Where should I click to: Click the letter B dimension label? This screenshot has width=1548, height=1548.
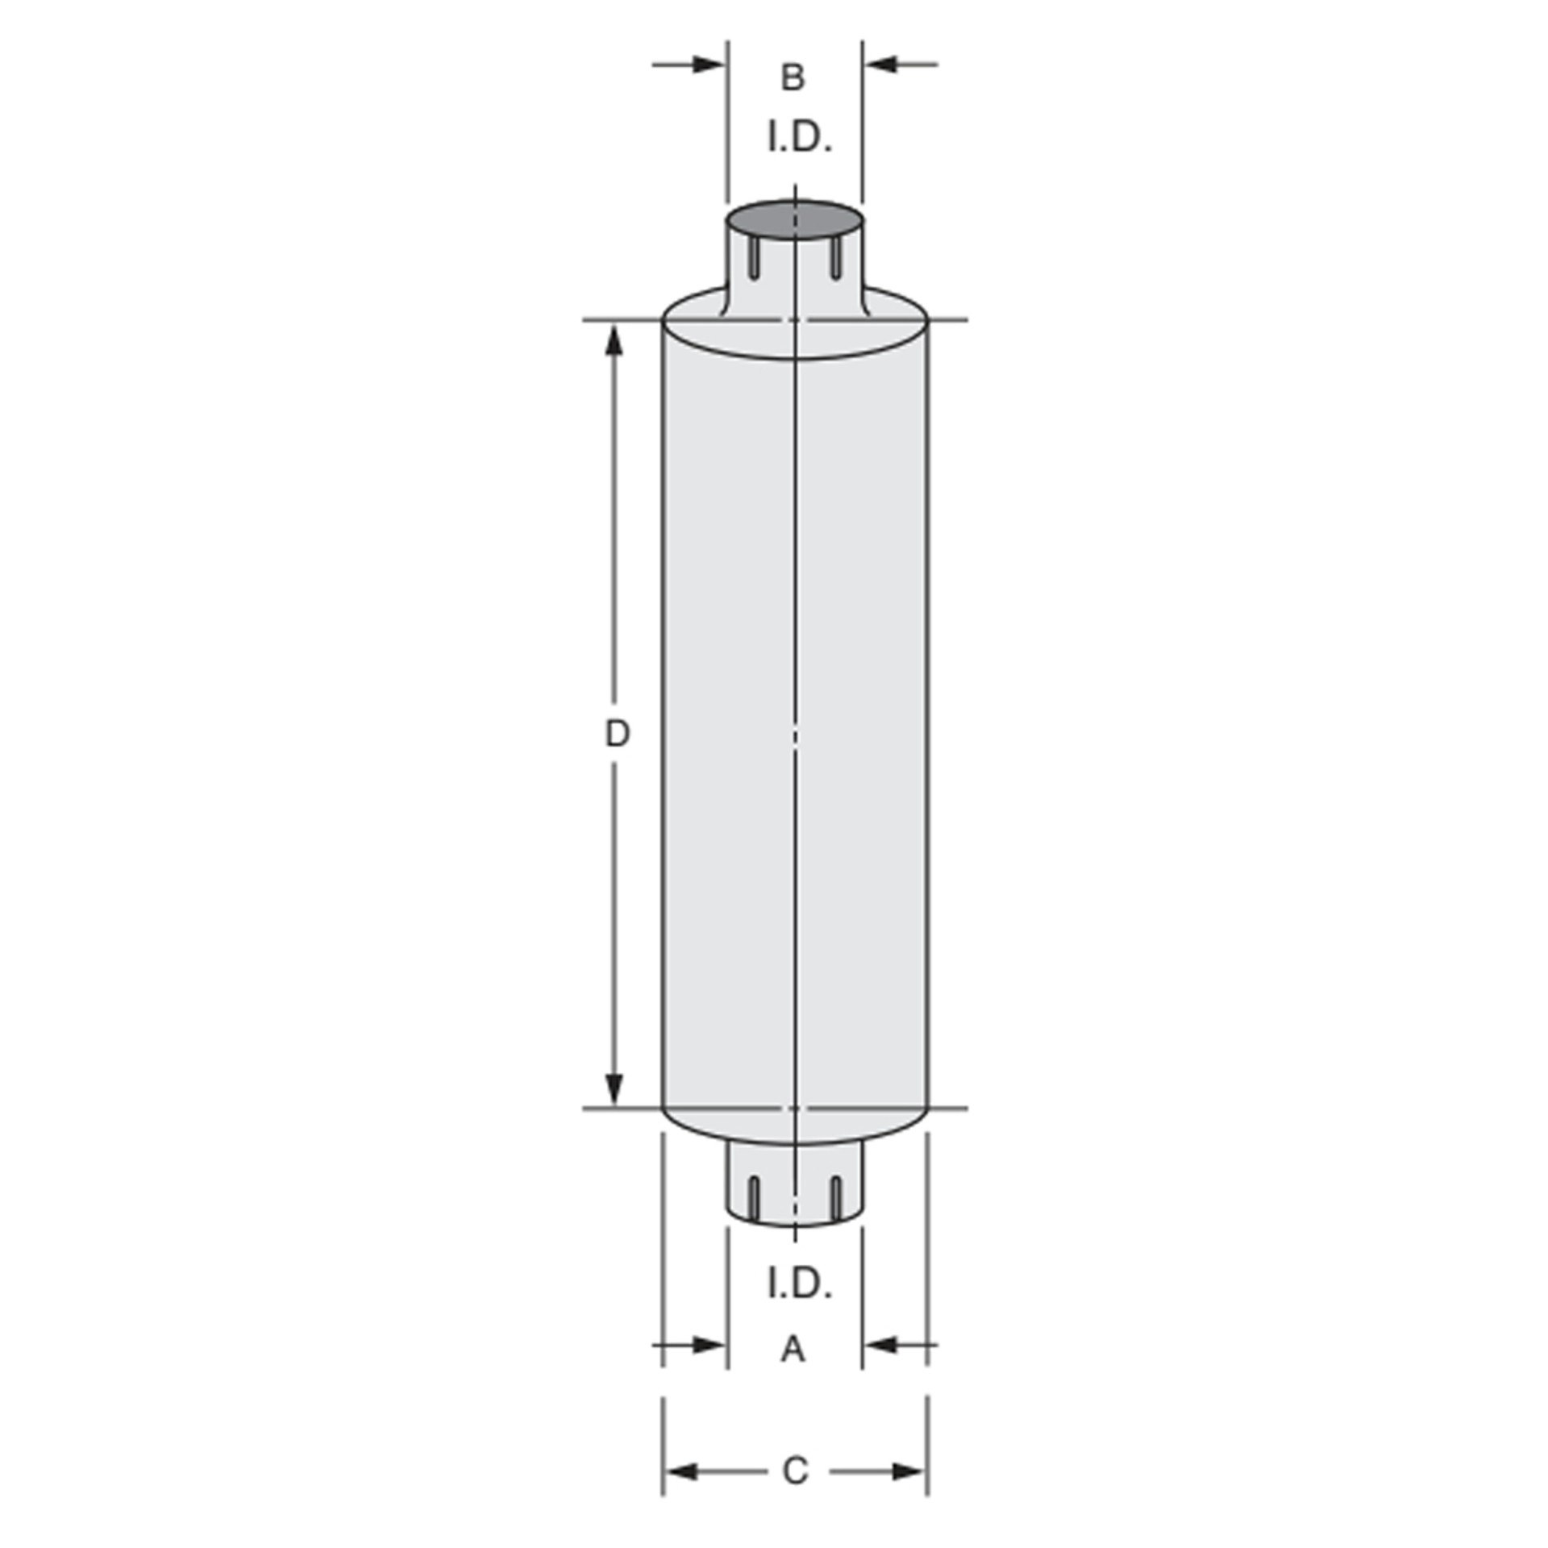point(793,78)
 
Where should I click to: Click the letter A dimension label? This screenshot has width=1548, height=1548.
point(793,1348)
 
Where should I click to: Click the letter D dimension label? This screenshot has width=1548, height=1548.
point(617,734)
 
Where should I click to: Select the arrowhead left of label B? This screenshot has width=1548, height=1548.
point(709,64)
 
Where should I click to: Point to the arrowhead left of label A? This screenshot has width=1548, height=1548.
point(709,1344)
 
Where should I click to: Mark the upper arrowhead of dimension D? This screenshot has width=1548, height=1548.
point(615,342)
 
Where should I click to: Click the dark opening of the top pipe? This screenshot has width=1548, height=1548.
point(794,219)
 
